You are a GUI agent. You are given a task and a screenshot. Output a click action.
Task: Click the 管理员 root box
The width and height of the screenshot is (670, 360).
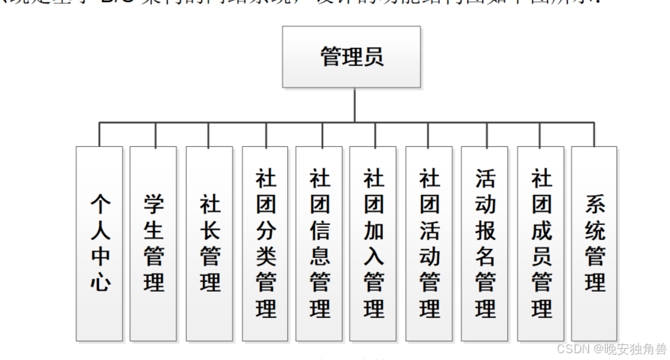coord(351,57)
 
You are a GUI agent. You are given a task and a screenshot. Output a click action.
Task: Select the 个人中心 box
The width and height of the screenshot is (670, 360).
coord(100,244)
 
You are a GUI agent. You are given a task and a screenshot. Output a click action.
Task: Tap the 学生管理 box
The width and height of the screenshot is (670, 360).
coord(154,244)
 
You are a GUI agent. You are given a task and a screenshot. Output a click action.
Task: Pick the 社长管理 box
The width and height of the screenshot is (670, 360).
coord(210,244)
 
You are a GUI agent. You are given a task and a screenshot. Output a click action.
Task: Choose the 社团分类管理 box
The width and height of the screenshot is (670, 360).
coord(266,244)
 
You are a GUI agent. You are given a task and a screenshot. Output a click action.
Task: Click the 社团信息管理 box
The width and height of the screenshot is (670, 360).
coord(320,244)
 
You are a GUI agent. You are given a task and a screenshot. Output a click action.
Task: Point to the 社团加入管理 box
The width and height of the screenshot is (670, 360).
coord(374,244)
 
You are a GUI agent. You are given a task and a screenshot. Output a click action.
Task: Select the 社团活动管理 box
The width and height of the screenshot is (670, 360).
coord(429,244)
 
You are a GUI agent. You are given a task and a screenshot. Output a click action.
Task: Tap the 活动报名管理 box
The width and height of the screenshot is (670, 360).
coord(485,244)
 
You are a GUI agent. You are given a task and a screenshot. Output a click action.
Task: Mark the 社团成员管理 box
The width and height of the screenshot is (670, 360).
coord(541,244)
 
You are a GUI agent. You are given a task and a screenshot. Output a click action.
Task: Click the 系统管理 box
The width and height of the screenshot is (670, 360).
coord(595,244)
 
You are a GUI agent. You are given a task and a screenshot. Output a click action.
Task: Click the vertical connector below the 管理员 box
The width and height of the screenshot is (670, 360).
coord(356,104)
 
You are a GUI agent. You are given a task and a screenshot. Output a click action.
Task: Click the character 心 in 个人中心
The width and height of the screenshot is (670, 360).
coord(100,283)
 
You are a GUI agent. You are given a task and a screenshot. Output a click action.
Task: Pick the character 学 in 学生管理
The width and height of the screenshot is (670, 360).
coord(154,204)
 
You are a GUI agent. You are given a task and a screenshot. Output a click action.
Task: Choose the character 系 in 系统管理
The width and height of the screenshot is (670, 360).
coord(595,204)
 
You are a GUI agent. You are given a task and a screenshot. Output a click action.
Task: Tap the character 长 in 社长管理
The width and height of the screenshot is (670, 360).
coord(210,230)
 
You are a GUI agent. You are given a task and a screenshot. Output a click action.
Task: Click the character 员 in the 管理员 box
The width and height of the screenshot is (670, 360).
coord(373,57)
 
